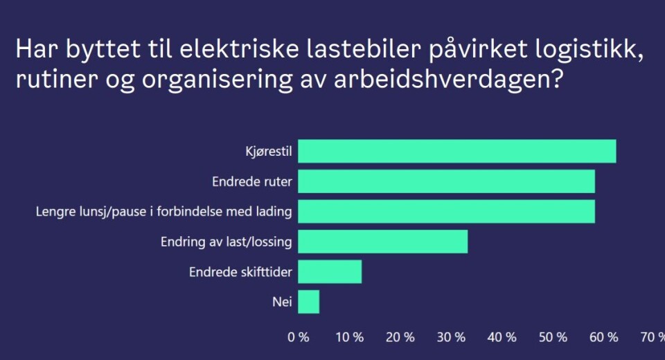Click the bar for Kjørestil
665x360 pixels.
tap(457, 152)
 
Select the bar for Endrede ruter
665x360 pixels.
tap(446, 181)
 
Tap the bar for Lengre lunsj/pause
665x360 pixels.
tap(446, 211)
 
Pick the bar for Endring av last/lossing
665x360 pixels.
tap(382, 242)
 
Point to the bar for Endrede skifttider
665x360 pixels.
tap(330, 271)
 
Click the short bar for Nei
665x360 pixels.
tap(308, 302)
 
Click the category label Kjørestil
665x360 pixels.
tap(269, 152)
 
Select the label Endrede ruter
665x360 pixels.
tap(252, 182)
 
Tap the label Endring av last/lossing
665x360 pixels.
tap(226, 242)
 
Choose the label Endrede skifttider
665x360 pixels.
tap(240, 272)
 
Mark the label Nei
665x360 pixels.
tap(283, 303)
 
